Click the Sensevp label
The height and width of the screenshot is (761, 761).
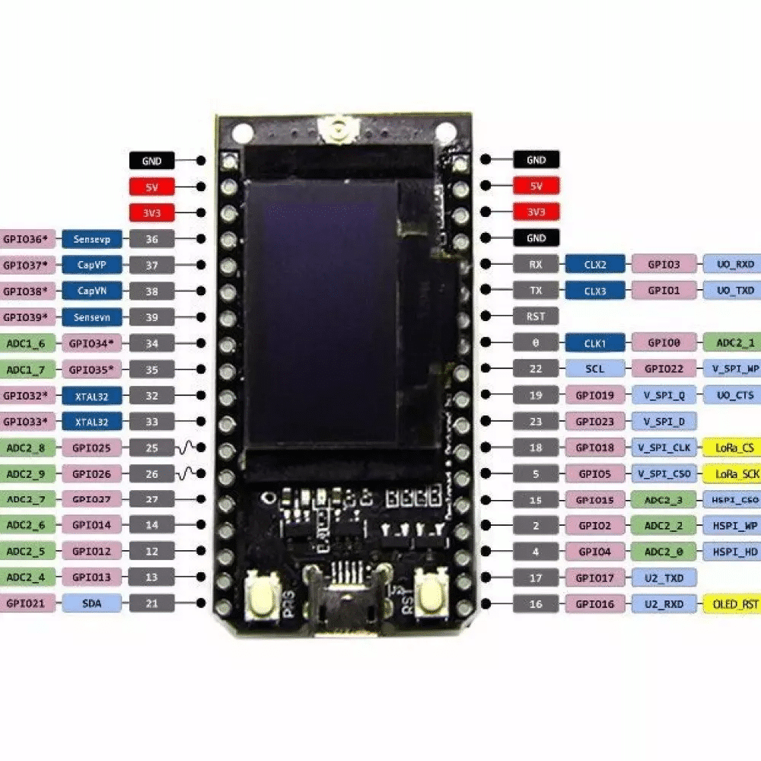click(x=92, y=239)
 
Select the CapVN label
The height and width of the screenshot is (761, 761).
click(x=92, y=291)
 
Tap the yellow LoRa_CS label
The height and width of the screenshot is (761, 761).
click(x=732, y=447)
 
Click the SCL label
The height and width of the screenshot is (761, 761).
click(x=596, y=369)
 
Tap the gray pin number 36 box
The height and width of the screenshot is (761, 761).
click(x=151, y=239)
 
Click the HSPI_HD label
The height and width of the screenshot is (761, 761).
click(x=732, y=552)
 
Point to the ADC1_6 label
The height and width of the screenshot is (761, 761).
click(x=26, y=343)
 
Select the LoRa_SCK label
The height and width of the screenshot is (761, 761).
click(x=732, y=473)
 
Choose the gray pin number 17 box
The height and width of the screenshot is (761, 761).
click(x=536, y=578)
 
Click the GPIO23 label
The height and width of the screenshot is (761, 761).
click(x=596, y=421)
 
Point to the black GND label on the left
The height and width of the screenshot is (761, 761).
click(x=151, y=161)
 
